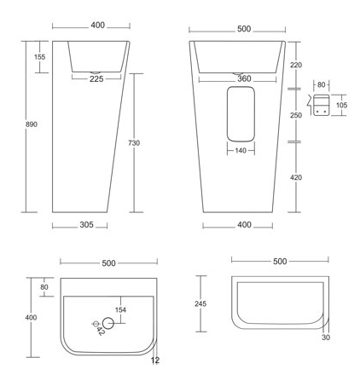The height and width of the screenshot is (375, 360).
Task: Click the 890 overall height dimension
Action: click(x=32, y=124)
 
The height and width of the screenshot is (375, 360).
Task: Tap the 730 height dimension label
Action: click(x=134, y=143)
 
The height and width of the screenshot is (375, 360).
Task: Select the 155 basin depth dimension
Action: click(x=39, y=57)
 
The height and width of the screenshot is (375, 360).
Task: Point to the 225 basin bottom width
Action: click(x=96, y=79)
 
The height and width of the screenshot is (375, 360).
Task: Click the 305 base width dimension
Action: click(x=86, y=225)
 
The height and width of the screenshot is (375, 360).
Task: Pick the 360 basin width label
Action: click(x=244, y=78)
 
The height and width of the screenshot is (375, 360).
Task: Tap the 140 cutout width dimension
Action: click(x=241, y=150)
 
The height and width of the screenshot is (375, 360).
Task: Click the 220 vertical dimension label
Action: click(x=296, y=65)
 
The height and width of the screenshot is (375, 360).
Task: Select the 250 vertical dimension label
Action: click(x=296, y=115)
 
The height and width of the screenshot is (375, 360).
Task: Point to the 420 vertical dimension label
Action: click(x=296, y=177)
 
